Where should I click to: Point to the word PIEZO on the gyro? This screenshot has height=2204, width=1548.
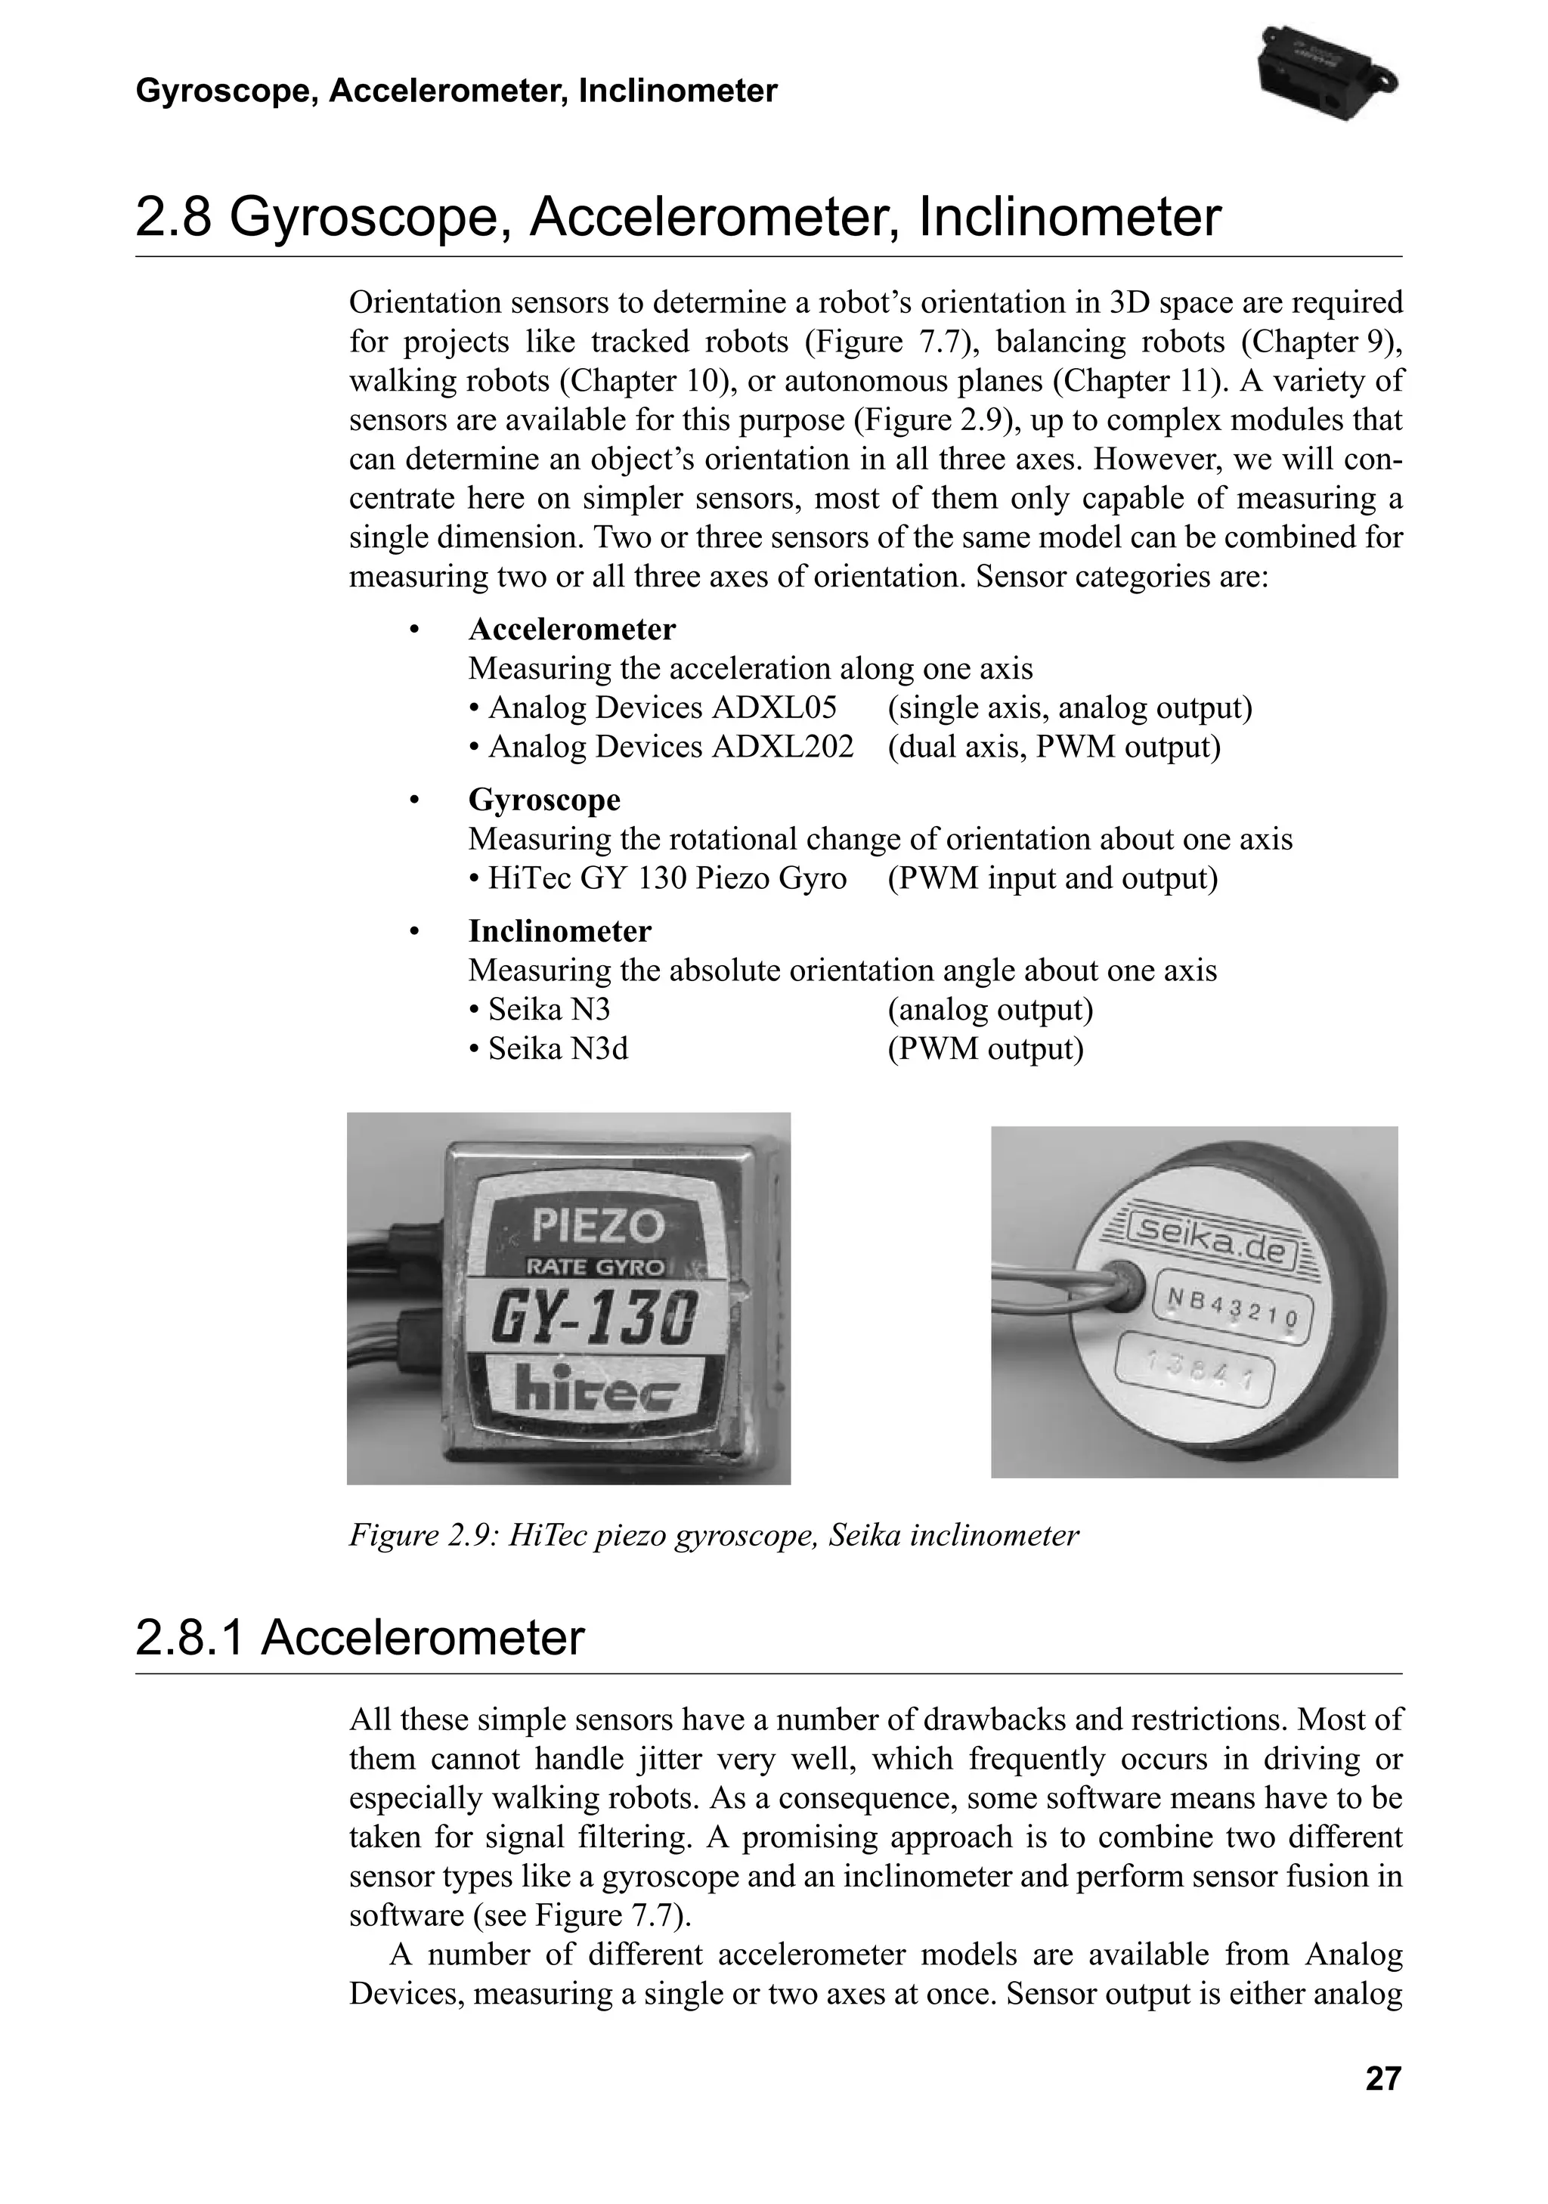click(x=598, y=1225)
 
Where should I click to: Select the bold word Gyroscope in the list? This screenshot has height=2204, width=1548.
click(x=544, y=800)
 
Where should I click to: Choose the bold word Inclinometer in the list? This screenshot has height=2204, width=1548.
click(x=559, y=931)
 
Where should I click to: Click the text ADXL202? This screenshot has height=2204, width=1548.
click(x=782, y=747)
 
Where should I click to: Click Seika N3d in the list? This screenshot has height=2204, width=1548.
click(x=558, y=1049)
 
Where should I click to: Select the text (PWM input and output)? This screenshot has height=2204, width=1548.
click(x=1052, y=878)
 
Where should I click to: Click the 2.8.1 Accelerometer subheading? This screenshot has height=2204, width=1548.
click(x=359, y=1638)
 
